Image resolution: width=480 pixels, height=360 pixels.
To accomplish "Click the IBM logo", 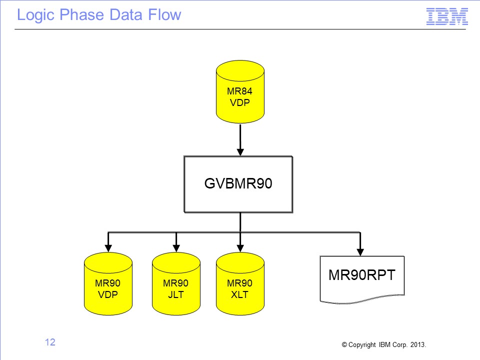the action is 447,16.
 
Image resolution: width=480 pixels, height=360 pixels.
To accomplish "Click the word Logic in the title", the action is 35,15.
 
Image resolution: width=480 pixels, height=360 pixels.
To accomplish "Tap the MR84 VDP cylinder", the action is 240,92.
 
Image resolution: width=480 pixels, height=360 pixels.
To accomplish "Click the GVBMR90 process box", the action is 238,184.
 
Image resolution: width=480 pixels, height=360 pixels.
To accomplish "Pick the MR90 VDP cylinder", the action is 108,284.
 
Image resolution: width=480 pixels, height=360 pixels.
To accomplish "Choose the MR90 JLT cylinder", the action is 176,284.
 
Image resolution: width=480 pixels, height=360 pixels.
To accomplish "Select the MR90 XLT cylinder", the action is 240,284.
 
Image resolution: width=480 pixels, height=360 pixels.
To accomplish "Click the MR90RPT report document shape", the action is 362,278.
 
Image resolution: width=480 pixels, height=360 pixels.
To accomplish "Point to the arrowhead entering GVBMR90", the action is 240,152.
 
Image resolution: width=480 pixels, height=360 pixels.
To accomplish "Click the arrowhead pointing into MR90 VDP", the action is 108,248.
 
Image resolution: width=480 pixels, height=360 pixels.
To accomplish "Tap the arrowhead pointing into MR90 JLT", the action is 176,248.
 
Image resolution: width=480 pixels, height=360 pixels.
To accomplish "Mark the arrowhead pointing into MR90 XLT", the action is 240,248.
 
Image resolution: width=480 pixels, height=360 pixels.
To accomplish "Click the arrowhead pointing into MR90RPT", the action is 360,252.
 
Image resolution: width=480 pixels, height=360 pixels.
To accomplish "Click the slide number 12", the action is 50,342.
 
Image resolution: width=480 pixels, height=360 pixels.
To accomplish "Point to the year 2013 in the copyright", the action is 417,344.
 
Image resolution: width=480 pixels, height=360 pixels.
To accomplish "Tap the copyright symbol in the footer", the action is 344,345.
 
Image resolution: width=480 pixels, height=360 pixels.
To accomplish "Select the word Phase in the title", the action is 81,14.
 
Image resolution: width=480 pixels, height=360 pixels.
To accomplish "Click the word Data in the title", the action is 126,14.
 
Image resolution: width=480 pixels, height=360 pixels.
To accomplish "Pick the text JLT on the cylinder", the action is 176,295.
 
